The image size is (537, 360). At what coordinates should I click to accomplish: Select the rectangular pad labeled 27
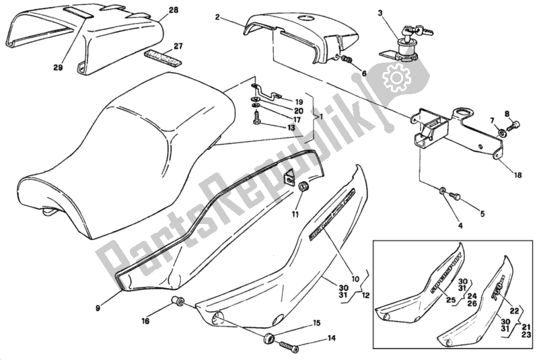coord(162,56)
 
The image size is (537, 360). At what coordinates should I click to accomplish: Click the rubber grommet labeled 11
coord(303,186)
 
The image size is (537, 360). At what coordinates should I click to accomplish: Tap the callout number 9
coord(98,308)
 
